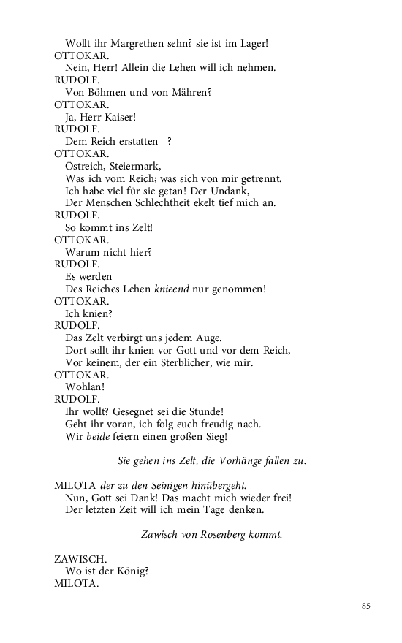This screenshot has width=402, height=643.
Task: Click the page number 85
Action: pyautogui.click(x=366, y=606)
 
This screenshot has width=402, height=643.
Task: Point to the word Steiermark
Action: pyautogui.click(x=136, y=166)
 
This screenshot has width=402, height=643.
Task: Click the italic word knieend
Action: pyautogui.click(x=172, y=289)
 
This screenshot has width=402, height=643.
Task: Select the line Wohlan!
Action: pyautogui.click(x=86, y=387)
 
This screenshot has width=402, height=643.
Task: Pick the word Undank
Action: pyautogui.click(x=258, y=191)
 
